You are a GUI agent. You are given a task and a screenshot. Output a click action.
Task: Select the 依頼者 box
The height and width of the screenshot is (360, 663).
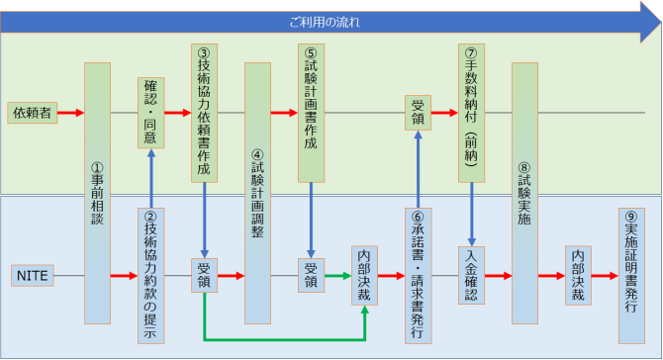tap(31, 113)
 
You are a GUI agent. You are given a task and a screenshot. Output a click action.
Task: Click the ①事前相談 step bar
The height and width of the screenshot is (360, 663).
tap(97, 194)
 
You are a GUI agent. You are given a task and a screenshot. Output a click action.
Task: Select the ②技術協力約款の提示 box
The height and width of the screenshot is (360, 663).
tap(150, 275)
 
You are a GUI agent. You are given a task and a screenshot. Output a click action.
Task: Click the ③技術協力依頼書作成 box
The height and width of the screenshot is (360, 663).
tap(204, 112)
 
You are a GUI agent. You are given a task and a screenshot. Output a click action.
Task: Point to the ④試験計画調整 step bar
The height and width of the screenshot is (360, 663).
tap(257, 194)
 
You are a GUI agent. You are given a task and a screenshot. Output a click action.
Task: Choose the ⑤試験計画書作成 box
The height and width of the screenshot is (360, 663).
tap(311, 112)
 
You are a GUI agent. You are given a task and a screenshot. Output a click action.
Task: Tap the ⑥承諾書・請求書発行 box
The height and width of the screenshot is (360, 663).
tap(419, 275)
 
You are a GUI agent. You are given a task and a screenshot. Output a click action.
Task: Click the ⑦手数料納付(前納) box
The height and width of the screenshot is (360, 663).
tap(472, 112)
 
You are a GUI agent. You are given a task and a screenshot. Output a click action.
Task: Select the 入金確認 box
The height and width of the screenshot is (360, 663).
tap(472, 275)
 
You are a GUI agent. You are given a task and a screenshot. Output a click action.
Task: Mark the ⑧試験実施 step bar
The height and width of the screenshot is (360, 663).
tap(524, 194)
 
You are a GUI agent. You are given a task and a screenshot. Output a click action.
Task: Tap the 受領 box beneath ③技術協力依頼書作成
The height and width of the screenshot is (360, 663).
tap(204, 274)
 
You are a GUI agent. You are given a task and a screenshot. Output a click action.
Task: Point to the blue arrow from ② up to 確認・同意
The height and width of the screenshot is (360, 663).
tap(150, 178)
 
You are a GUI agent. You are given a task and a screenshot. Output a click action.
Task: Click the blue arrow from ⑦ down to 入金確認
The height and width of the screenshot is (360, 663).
tap(472, 213)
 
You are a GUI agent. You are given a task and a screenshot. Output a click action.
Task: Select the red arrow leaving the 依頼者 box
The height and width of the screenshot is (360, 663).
tap(70, 113)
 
